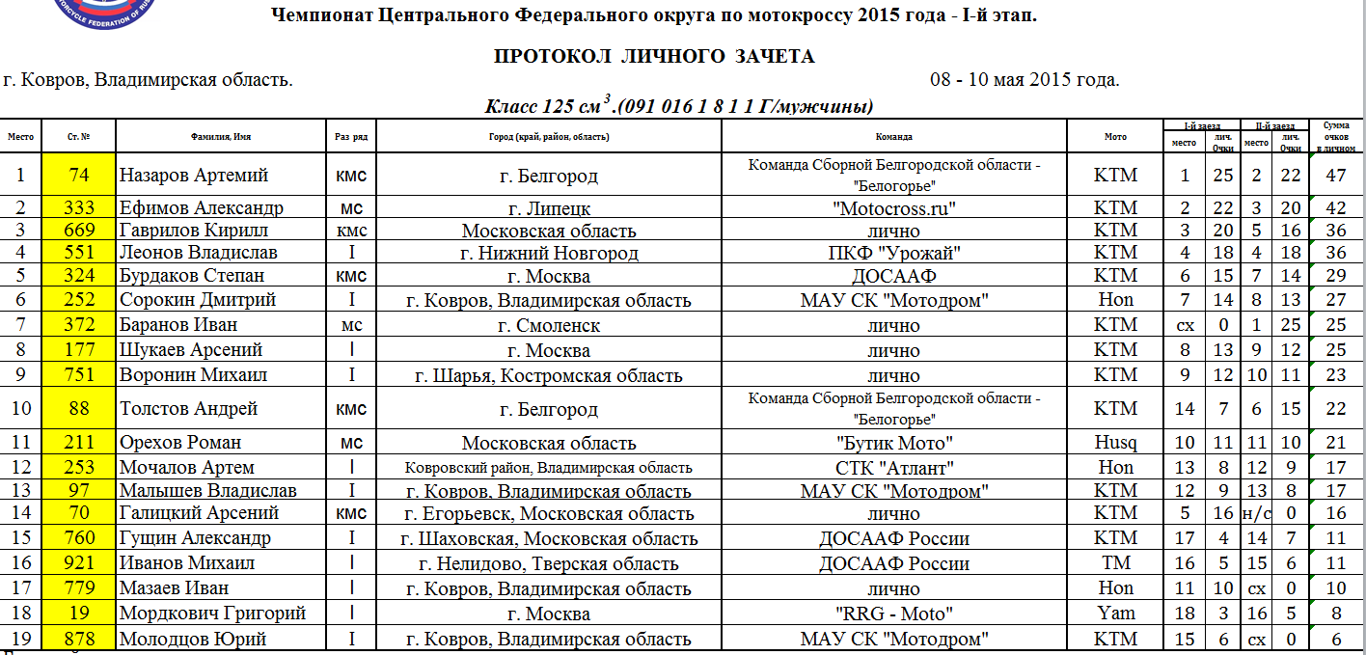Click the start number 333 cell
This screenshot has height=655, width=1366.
pos(79,208)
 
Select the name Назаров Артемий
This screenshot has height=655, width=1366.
pos(194,176)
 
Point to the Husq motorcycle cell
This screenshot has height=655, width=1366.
pos(1115,443)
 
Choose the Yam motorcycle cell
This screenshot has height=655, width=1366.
pos(1115,614)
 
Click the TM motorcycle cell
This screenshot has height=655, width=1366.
pos(1115,563)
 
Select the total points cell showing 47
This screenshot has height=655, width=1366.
pos(1336,176)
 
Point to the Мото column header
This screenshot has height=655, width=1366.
pos(1115,137)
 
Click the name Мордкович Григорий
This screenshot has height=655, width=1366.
pos(213,614)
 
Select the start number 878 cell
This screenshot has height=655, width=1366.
pos(79,639)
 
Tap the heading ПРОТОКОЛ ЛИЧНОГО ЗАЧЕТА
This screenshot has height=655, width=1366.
pos(654,57)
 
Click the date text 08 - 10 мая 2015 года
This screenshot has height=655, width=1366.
pos(1024,80)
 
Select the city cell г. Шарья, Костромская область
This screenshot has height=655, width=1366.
pos(548,375)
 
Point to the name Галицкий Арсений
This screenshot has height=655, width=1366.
pos(200,513)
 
